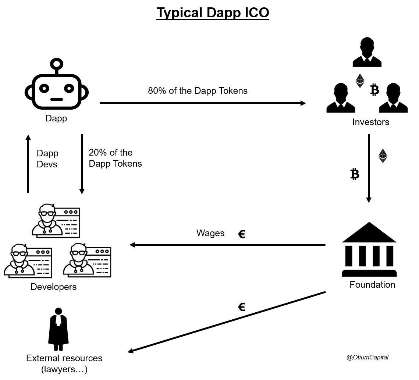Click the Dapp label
tap(56, 118)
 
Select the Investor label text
tap(368, 122)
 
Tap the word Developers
tap(53, 287)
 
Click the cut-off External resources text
tap(57, 356)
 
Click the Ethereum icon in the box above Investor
tap(360, 81)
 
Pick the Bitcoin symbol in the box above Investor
tap(374, 90)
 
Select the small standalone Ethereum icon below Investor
tap(383, 156)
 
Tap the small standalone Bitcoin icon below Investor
tap(355, 174)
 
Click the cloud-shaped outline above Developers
tap(77, 247)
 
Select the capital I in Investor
tap(354, 122)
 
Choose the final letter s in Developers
tap(74, 287)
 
